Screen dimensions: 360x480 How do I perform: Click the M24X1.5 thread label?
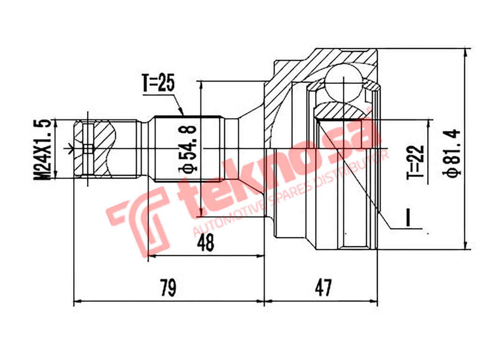[43, 149]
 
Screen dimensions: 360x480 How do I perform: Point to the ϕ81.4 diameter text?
[451, 151]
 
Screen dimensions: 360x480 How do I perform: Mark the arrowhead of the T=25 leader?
[181, 112]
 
